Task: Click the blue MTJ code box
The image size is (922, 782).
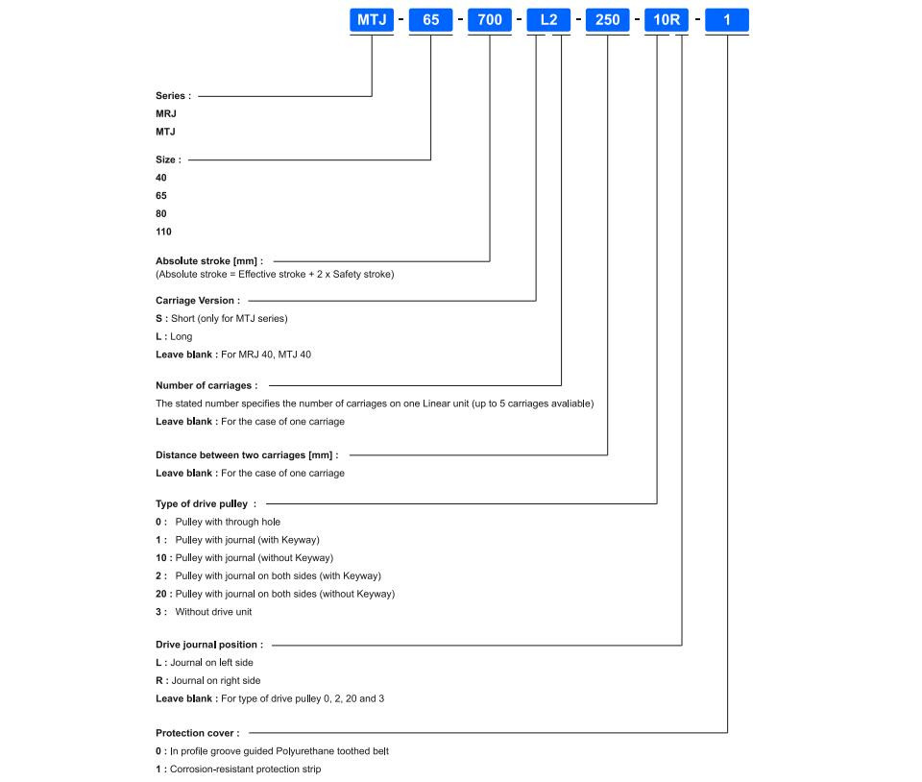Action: click(372, 20)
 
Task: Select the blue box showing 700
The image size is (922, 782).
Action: click(490, 20)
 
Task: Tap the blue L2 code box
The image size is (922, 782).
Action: click(548, 20)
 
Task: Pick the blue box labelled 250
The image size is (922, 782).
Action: click(607, 20)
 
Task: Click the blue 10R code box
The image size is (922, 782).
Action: click(667, 20)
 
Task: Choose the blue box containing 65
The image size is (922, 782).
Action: click(431, 20)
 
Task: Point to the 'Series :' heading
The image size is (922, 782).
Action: click(174, 96)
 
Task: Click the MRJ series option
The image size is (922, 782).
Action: click(166, 113)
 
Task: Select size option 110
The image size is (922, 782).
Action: click(163, 232)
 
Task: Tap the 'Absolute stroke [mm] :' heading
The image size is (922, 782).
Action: click(209, 261)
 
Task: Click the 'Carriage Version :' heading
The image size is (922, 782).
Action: click(198, 301)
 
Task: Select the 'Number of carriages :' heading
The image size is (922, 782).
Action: click(207, 385)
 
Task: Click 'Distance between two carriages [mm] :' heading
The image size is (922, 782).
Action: click(247, 455)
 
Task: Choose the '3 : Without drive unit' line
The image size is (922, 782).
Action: click(204, 612)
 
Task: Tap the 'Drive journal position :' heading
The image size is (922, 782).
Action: click(209, 645)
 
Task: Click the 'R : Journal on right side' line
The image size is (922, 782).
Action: click(208, 681)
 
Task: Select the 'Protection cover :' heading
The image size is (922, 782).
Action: click(198, 733)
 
